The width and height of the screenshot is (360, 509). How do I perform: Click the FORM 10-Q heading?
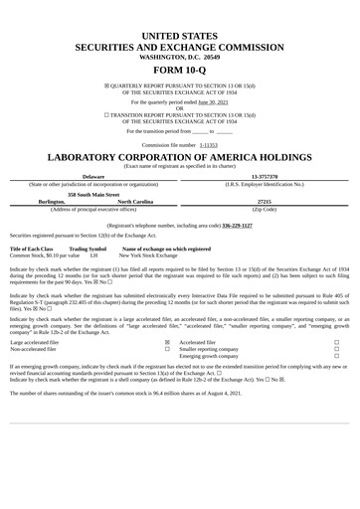[x=180, y=72]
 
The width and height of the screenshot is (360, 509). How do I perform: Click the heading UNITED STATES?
[x=180, y=36]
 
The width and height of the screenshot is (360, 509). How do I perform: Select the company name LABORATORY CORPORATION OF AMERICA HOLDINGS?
[x=180, y=157]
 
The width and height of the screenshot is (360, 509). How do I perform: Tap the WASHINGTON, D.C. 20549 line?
[x=180, y=58]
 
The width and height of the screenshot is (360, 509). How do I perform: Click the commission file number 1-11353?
[x=208, y=144]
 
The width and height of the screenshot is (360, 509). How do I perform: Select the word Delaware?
[x=93, y=176]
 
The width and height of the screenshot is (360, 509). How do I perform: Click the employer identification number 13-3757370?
[x=265, y=176]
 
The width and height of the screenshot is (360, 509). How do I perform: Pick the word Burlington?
[x=52, y=201]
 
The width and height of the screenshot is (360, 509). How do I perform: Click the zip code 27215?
[x=265, y=201]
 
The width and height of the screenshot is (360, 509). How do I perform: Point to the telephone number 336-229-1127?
[x=237, y=226]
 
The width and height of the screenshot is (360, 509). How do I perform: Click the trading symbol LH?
[x=93, y=255]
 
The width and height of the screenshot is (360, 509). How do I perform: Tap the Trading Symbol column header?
[x=88, y=249]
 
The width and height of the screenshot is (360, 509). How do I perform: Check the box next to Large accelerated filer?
[x=166, y=341]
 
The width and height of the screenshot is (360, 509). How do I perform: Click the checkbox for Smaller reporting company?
[x=336, y=349]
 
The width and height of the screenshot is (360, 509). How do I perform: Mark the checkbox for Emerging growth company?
[x=336, y=356]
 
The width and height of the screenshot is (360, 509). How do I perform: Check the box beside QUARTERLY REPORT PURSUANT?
[x=107, y=85]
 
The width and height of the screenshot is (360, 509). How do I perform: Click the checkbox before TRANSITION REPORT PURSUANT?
[x=107, y=115]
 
